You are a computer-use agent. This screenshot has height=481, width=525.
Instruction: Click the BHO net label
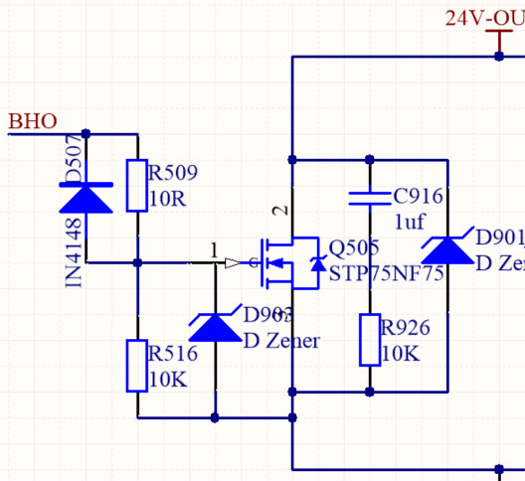[33, 121]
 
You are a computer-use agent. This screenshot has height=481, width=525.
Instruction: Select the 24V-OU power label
[483, 18]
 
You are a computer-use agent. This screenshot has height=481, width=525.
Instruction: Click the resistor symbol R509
[137, 186]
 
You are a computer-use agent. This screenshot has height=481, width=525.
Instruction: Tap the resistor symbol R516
[137, 365]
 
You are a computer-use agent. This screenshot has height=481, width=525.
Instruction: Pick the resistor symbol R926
[369, 340]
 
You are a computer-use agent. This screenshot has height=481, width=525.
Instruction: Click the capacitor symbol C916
[369, 196]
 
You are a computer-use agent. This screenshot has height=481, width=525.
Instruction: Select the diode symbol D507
[86, 199]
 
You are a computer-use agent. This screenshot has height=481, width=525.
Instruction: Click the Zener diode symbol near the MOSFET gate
[215, 325]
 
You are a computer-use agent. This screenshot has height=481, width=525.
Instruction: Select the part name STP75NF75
[386, 273]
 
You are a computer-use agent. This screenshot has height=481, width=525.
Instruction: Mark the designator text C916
[418, 196]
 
